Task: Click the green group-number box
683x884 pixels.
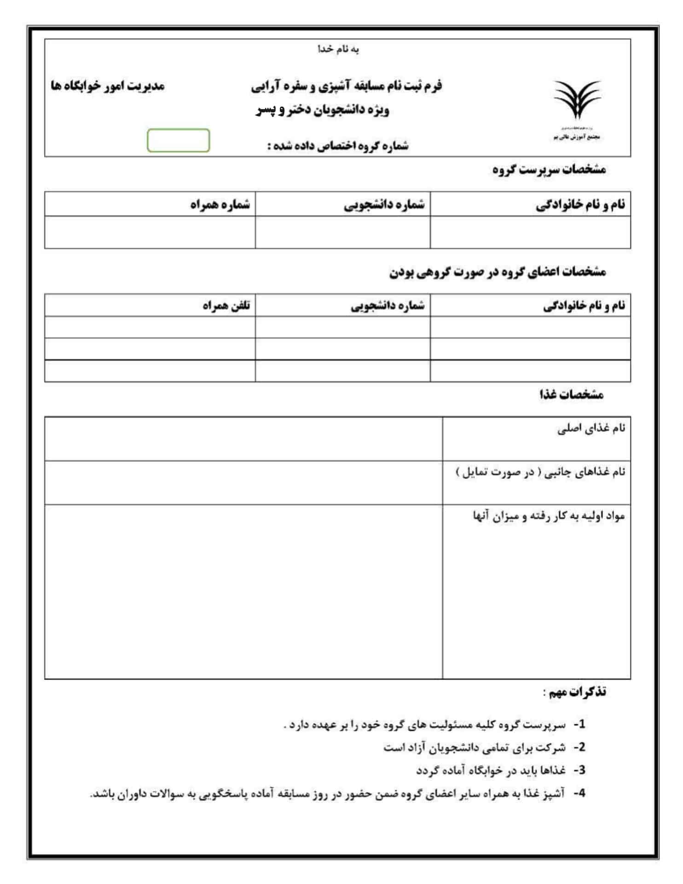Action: point(178,140)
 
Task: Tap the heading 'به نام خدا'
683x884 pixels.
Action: point(338,49)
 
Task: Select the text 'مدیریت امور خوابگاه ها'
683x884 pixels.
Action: point(108,86)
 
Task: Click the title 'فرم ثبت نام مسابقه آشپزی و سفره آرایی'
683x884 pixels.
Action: point(346,86)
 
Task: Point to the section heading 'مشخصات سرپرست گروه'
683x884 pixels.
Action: point(549,170)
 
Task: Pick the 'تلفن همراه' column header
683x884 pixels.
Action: point(226,306)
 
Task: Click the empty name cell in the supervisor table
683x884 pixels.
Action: point(530,233)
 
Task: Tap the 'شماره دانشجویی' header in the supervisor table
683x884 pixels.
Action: point(384,205)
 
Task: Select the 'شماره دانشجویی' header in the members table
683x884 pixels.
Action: point(388,306)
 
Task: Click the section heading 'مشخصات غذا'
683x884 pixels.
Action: point(571,395)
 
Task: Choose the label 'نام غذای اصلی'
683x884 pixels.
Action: point(591,429)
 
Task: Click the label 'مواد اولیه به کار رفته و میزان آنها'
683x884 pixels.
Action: point(549,516)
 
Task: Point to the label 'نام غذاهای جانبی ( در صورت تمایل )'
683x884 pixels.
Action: point(540,472)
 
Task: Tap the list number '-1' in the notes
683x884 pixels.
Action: point(579,725)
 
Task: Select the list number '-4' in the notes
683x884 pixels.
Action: point(579,793)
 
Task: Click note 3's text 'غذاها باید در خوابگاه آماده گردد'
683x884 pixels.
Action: point(491,770)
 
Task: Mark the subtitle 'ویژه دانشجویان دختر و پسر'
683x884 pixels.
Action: point(322,110)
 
